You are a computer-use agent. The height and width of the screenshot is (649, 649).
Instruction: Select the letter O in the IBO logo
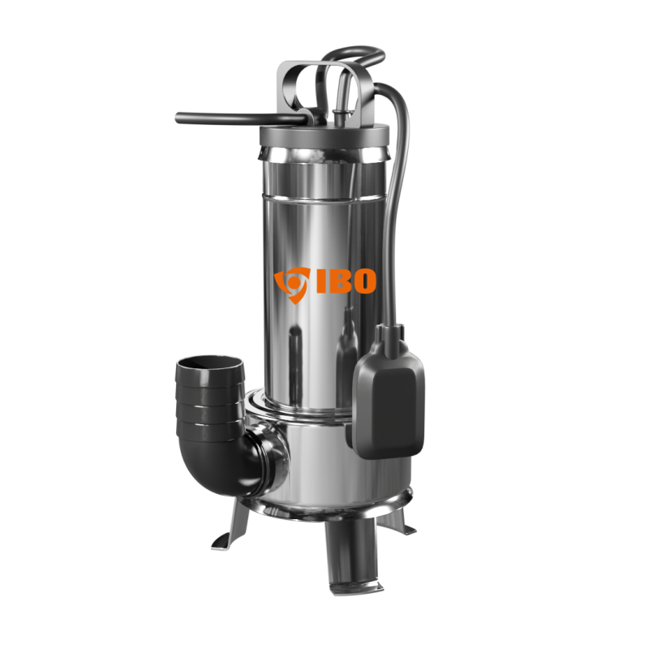point(363,280)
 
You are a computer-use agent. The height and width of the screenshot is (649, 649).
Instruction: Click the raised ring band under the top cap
point(324,154)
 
